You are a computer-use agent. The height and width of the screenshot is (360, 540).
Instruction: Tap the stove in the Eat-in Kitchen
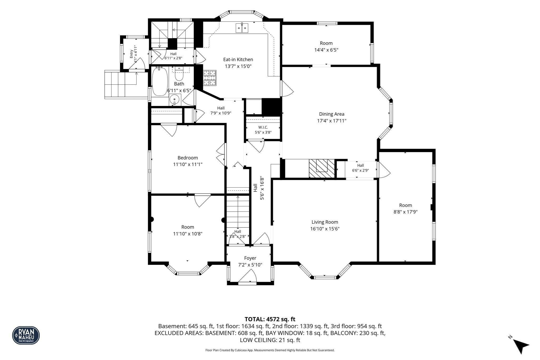click(210, 78)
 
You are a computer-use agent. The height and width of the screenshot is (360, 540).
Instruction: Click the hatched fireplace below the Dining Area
click(322, 169)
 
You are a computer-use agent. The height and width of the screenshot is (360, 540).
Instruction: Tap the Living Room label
click(325, 222)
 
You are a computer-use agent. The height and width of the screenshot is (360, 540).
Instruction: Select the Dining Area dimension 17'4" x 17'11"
click(332, 121)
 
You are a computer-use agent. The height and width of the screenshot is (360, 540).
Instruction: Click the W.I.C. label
click(263, 127)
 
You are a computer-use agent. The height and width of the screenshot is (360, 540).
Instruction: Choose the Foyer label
click(250, 258)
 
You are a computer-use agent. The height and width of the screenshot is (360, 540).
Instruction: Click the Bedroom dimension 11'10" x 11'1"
click(188, 164)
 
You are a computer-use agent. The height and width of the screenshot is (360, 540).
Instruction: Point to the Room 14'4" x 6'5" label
click(326, 46)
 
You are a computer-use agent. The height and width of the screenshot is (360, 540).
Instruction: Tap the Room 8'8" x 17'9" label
click(406, 208)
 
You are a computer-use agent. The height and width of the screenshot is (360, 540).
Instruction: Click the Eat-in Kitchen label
click(238, 60)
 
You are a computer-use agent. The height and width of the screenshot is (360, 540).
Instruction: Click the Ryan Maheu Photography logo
click(26, 335)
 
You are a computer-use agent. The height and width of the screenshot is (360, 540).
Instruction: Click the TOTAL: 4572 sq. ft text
click(270, 319)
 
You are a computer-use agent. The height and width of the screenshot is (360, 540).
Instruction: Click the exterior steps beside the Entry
click(120, 84)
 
